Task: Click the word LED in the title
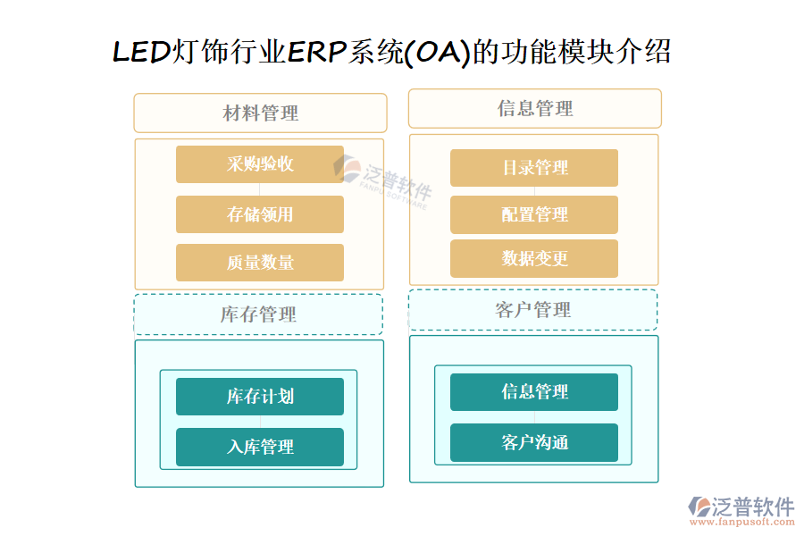pos(140,53)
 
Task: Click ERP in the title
pos(317,53)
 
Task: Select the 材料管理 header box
pos(260,113)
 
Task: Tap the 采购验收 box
pos(260,164)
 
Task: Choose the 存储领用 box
pos(260,214)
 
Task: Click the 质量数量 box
pos(260,263)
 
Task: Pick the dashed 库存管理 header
pos(258,314)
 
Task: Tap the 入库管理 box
pos(260,447)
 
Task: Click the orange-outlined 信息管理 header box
pos(534,109)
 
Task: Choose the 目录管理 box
pos(534,168)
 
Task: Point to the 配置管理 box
pos(534,214)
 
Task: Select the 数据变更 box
pos(534,259)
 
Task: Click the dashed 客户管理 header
pos(532,310)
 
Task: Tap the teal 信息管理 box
pos(534,392)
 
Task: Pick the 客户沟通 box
pos(534,442)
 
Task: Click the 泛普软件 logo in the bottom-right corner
pos(741,507)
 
